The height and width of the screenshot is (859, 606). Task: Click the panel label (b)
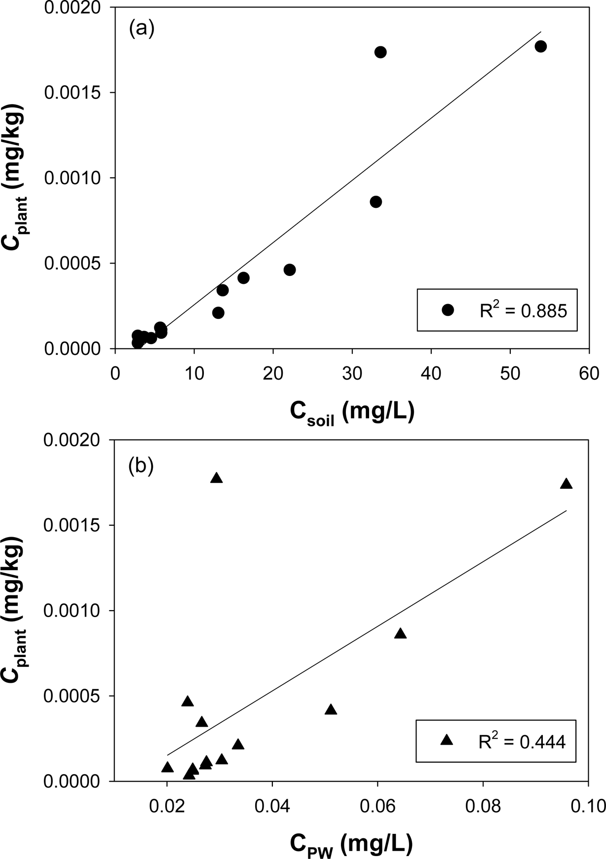tap(141, 466)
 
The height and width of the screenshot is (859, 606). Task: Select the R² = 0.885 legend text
tap(523, 311)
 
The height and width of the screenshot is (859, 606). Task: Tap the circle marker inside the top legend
tap(448, 310)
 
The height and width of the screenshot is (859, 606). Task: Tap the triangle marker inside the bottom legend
tap(447, 740)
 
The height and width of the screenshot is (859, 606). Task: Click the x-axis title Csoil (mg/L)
tap(351, 412)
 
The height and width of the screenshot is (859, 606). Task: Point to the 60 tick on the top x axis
tap(588, 374)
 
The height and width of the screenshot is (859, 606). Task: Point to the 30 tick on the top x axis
tap(352, 374)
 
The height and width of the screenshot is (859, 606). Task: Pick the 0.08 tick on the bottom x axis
tap(483, 807)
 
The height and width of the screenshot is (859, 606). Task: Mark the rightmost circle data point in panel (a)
tap(540, 46)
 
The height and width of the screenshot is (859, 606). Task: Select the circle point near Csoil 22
tap(290, 270)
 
